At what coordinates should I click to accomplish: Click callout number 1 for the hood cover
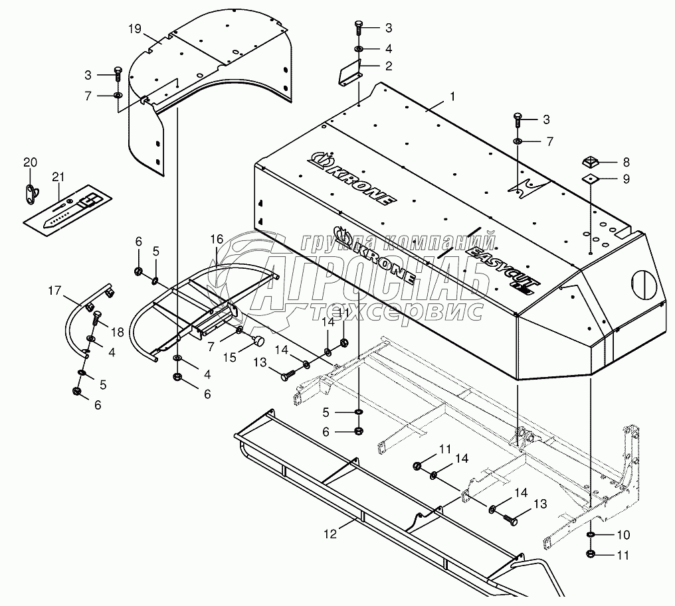[452, 96]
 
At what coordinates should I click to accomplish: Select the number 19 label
[135, 29]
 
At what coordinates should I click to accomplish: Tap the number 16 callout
[217, 238]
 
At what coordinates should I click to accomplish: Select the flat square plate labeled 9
[589, 179]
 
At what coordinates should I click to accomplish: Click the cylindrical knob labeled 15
[257, 341]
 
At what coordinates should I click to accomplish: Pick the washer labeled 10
[591, 534]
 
